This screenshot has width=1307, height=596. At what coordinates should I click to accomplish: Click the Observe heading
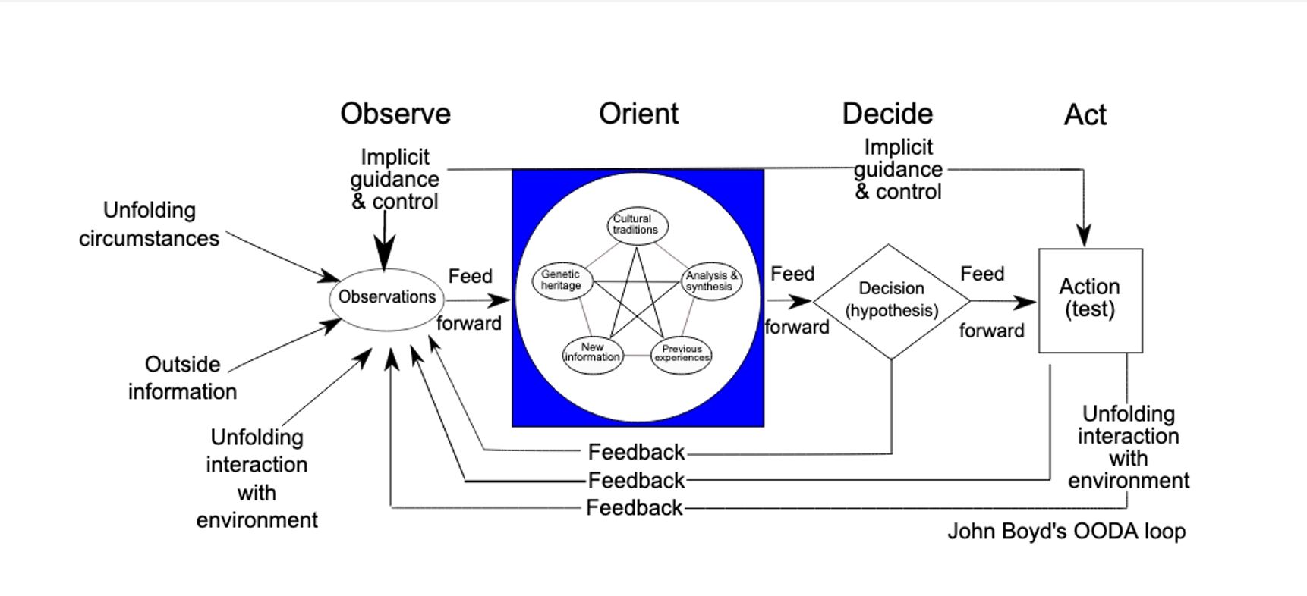click(x=395, y=114)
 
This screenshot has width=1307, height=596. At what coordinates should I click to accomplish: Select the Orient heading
click(x=638, y=114)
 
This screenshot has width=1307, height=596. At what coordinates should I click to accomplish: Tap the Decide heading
click(x=887, y=114)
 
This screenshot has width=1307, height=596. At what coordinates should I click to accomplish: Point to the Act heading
click(x=1085, y=115)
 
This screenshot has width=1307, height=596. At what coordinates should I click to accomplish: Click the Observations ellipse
click(x=386, y=298)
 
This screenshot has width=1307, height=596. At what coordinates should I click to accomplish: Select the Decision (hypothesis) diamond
click(x=891, y=300)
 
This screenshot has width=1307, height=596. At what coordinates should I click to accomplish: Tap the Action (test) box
click(x=1090, y=300)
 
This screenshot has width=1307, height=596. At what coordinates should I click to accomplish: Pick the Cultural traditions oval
click(x=637, y=225)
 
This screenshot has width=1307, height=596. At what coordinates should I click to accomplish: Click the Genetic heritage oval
click(x=562, y=281)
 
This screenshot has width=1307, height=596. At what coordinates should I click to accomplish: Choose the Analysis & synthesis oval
click(x=710, y=281)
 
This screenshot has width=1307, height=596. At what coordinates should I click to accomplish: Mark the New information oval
click(x=592, y=353)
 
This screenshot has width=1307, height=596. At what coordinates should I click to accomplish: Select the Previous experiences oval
click(x=682, y=354)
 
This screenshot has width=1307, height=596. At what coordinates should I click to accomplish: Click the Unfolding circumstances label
click(x=150, y=224)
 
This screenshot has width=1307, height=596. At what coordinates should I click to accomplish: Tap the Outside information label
click(x=182, y=378)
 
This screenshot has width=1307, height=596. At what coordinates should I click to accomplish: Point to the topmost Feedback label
click(x=636, y=453)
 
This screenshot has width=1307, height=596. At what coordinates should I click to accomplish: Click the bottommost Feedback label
click(x=634, y=508)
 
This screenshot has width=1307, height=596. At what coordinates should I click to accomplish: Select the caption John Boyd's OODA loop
click(x=1066, y=532)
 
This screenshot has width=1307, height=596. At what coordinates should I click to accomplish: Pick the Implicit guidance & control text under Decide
click(x=898, y=170)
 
